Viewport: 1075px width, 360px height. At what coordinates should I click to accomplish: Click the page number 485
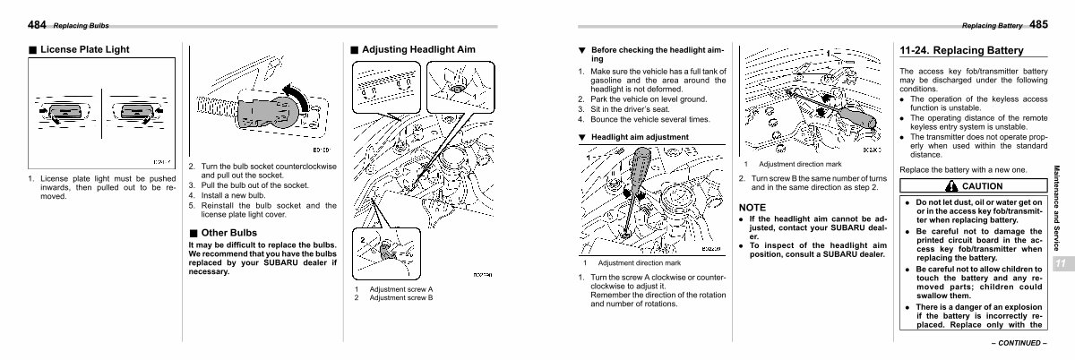pos(1038,23)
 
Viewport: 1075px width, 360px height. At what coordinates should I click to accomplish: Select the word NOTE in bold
pos(753,207)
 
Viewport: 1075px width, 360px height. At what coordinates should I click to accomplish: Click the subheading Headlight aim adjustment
pos(640,137)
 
